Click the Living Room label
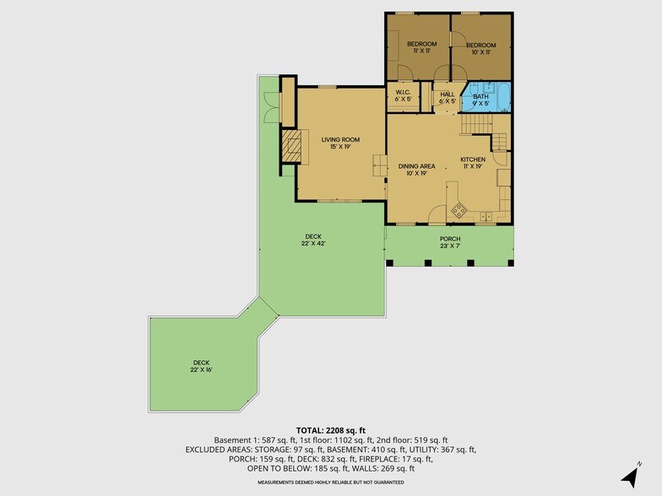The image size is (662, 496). [340, 143]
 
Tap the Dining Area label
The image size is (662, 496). [416, 170]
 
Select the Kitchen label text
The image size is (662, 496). [473, 163]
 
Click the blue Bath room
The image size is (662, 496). [486, 98]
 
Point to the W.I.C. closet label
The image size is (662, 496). [404, 96]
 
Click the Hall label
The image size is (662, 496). [448, 98]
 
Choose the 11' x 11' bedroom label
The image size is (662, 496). [422, 47]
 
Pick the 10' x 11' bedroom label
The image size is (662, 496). [481, 49]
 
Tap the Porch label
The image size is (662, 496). [450, 242]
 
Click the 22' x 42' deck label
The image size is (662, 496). [313, 240]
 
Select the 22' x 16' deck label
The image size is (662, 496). [201, 366]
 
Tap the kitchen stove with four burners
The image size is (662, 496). [459, 209]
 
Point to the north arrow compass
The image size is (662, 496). [630, 476]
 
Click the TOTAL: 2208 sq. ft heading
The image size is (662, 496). [331, 430]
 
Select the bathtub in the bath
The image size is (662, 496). [503, 98]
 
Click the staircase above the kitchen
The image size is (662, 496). [476, 124]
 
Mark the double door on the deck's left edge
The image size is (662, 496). [270, 106]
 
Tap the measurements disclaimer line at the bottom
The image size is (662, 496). [331, 483]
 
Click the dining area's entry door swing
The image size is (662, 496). [437, 213]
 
